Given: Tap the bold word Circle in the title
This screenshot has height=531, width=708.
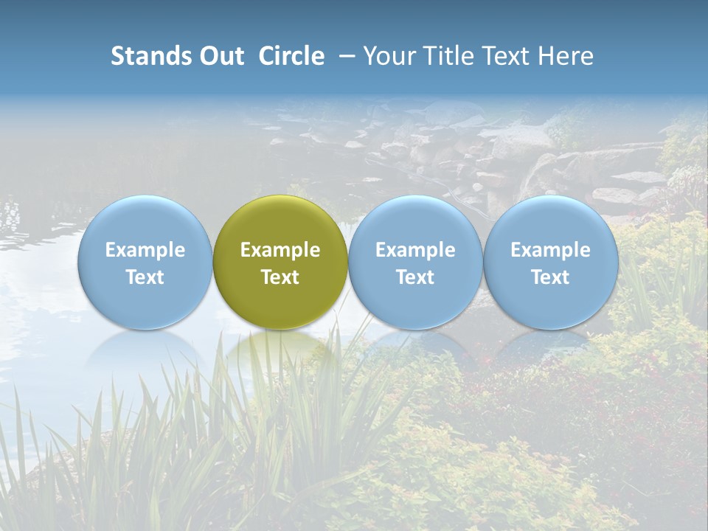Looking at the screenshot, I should [x=291, y=56].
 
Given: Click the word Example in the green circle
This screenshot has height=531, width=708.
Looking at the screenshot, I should [x=280, y=250].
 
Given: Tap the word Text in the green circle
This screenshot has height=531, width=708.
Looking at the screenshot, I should [x=280, y=277].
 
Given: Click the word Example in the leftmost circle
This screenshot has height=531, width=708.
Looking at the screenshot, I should [x=145, y=250].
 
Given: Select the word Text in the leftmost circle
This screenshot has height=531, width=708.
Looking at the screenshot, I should [x=145, y=277].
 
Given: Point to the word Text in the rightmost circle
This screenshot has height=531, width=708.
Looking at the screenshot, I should [x=550, y=277].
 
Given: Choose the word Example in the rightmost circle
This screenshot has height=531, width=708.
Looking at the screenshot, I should [x=550, y=250].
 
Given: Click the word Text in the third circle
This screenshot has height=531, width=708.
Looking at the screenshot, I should [x=415, y=277].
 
